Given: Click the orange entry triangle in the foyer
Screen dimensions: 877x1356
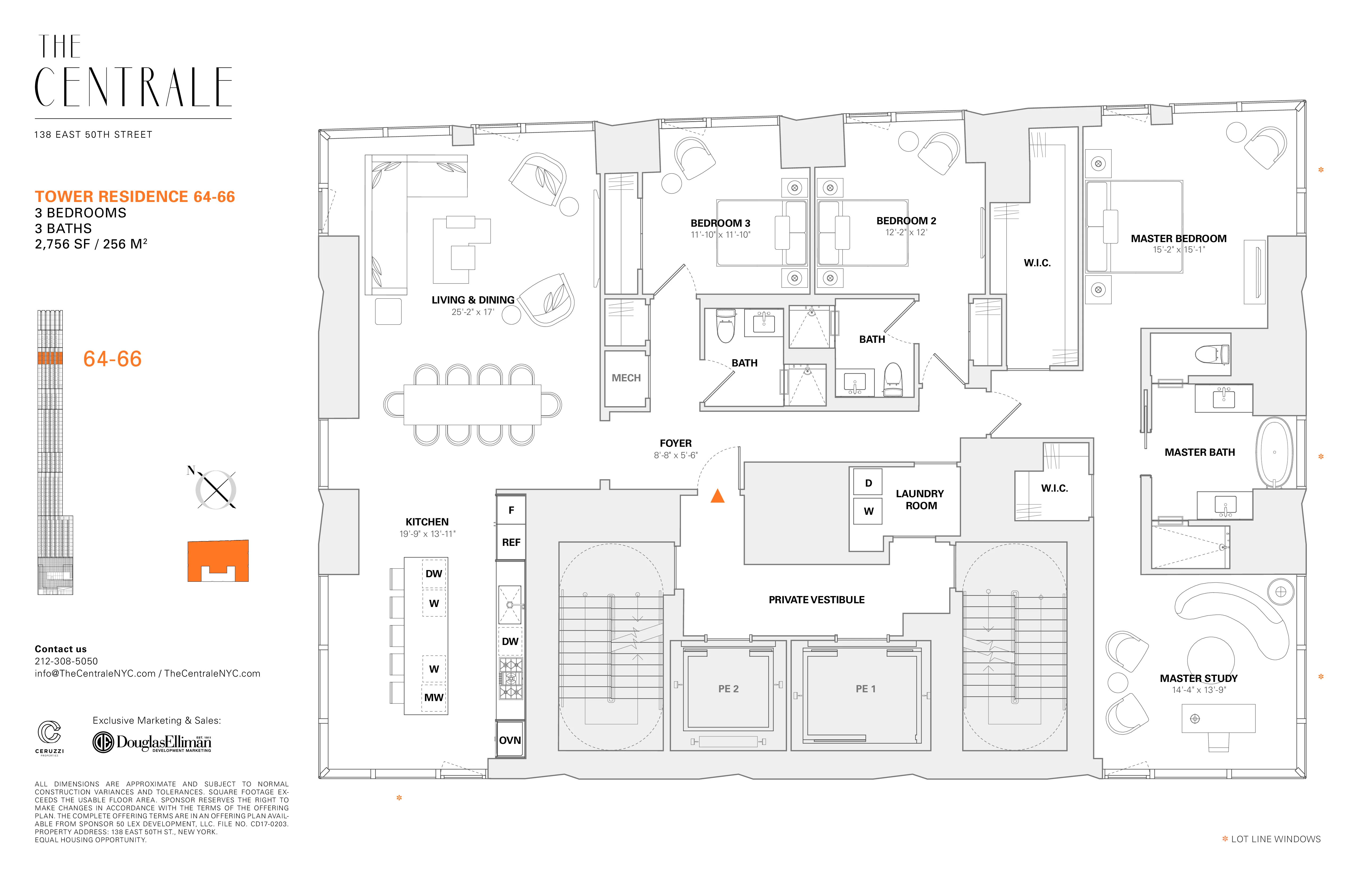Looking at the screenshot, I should pyautogui.click(x=717, y=497).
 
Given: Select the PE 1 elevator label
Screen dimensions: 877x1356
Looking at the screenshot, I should pyautogui.click(x=865, y=689).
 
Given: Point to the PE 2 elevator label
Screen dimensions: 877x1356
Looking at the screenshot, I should pyautogui.click(x=728, y=689).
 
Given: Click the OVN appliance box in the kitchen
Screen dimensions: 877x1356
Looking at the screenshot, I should pyautogui.click(x=510, y=740).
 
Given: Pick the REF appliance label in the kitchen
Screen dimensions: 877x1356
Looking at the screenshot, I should pyautogui.click(x=511, y=543).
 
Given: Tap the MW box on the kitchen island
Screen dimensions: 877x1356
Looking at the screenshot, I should pyautogui.click(x=434, y=698).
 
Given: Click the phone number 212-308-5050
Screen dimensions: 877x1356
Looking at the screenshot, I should pyautogui.click(x=66, y=661).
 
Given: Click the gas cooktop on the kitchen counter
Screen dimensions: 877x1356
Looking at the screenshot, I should pyautogui.click(x=511, y=679).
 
